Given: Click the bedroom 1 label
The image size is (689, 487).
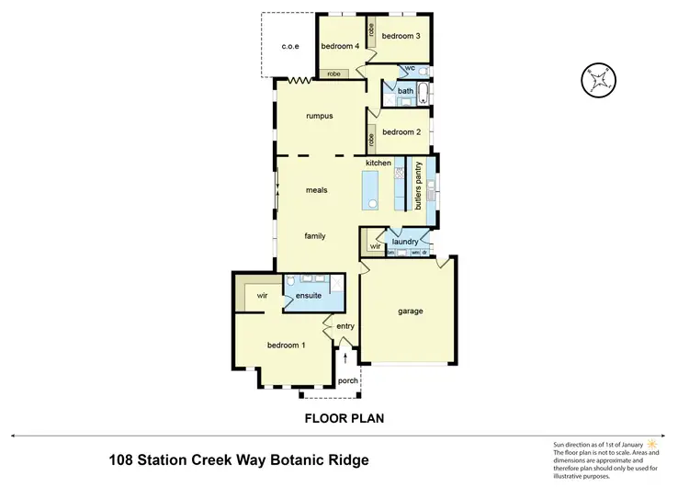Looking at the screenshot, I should click(286, 345).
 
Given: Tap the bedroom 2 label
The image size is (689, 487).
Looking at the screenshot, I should click(401, 132).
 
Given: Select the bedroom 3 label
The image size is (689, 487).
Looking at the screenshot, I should click(401, 36).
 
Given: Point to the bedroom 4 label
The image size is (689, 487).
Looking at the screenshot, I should click(340, 45).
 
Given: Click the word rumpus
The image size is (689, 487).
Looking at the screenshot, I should click(319, 116).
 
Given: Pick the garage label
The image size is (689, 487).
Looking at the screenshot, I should click(410, 311).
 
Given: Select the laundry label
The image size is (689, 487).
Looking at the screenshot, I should click(405, 242).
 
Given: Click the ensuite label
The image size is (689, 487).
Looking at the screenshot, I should click(308, 296).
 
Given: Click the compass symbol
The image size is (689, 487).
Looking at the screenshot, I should click(597, 79).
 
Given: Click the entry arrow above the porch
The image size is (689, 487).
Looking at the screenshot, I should click(345, 357).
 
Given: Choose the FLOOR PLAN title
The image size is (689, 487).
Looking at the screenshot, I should click(344, 418).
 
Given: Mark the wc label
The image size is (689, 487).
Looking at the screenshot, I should click(411, 68).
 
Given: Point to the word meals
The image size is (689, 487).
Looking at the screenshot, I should click(317, 190).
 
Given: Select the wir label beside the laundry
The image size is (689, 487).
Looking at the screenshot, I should click(375, 246).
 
